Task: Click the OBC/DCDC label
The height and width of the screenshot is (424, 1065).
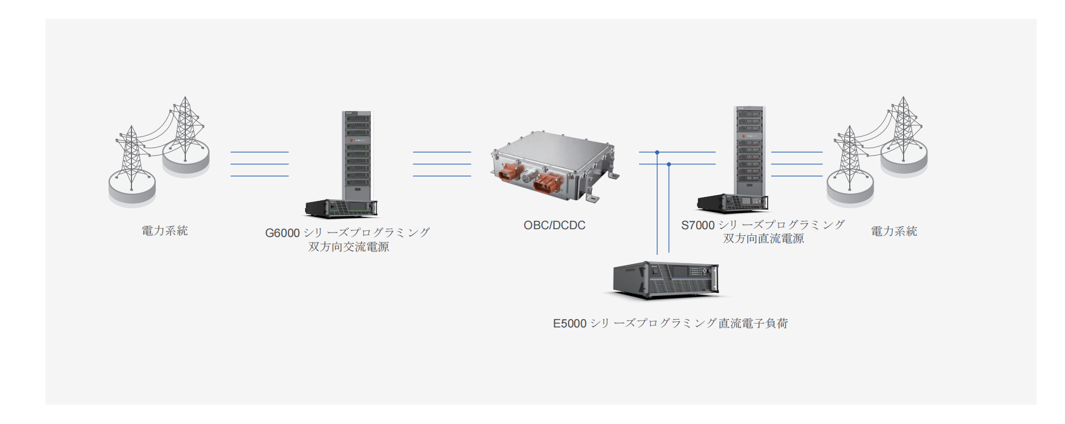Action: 554,225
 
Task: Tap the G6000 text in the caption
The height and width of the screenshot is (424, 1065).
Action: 282,233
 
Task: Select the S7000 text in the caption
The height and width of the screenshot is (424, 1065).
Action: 698,225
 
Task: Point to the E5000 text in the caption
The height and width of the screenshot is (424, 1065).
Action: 570,324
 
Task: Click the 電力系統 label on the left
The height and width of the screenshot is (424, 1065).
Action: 165,231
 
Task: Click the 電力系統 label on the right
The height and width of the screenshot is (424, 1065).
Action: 894,231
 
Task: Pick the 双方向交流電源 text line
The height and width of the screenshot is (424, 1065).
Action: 348,247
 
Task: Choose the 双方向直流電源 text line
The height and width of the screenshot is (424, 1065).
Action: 763,239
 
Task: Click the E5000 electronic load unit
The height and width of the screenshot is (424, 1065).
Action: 666,280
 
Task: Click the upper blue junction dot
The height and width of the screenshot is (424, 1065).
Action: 657,152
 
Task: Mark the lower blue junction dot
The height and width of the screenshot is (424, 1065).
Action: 669,164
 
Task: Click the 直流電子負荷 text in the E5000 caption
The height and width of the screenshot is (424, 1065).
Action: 753,324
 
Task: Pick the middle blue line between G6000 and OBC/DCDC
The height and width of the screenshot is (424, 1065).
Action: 442,164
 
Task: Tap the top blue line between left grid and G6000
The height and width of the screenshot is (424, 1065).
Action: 259,152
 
